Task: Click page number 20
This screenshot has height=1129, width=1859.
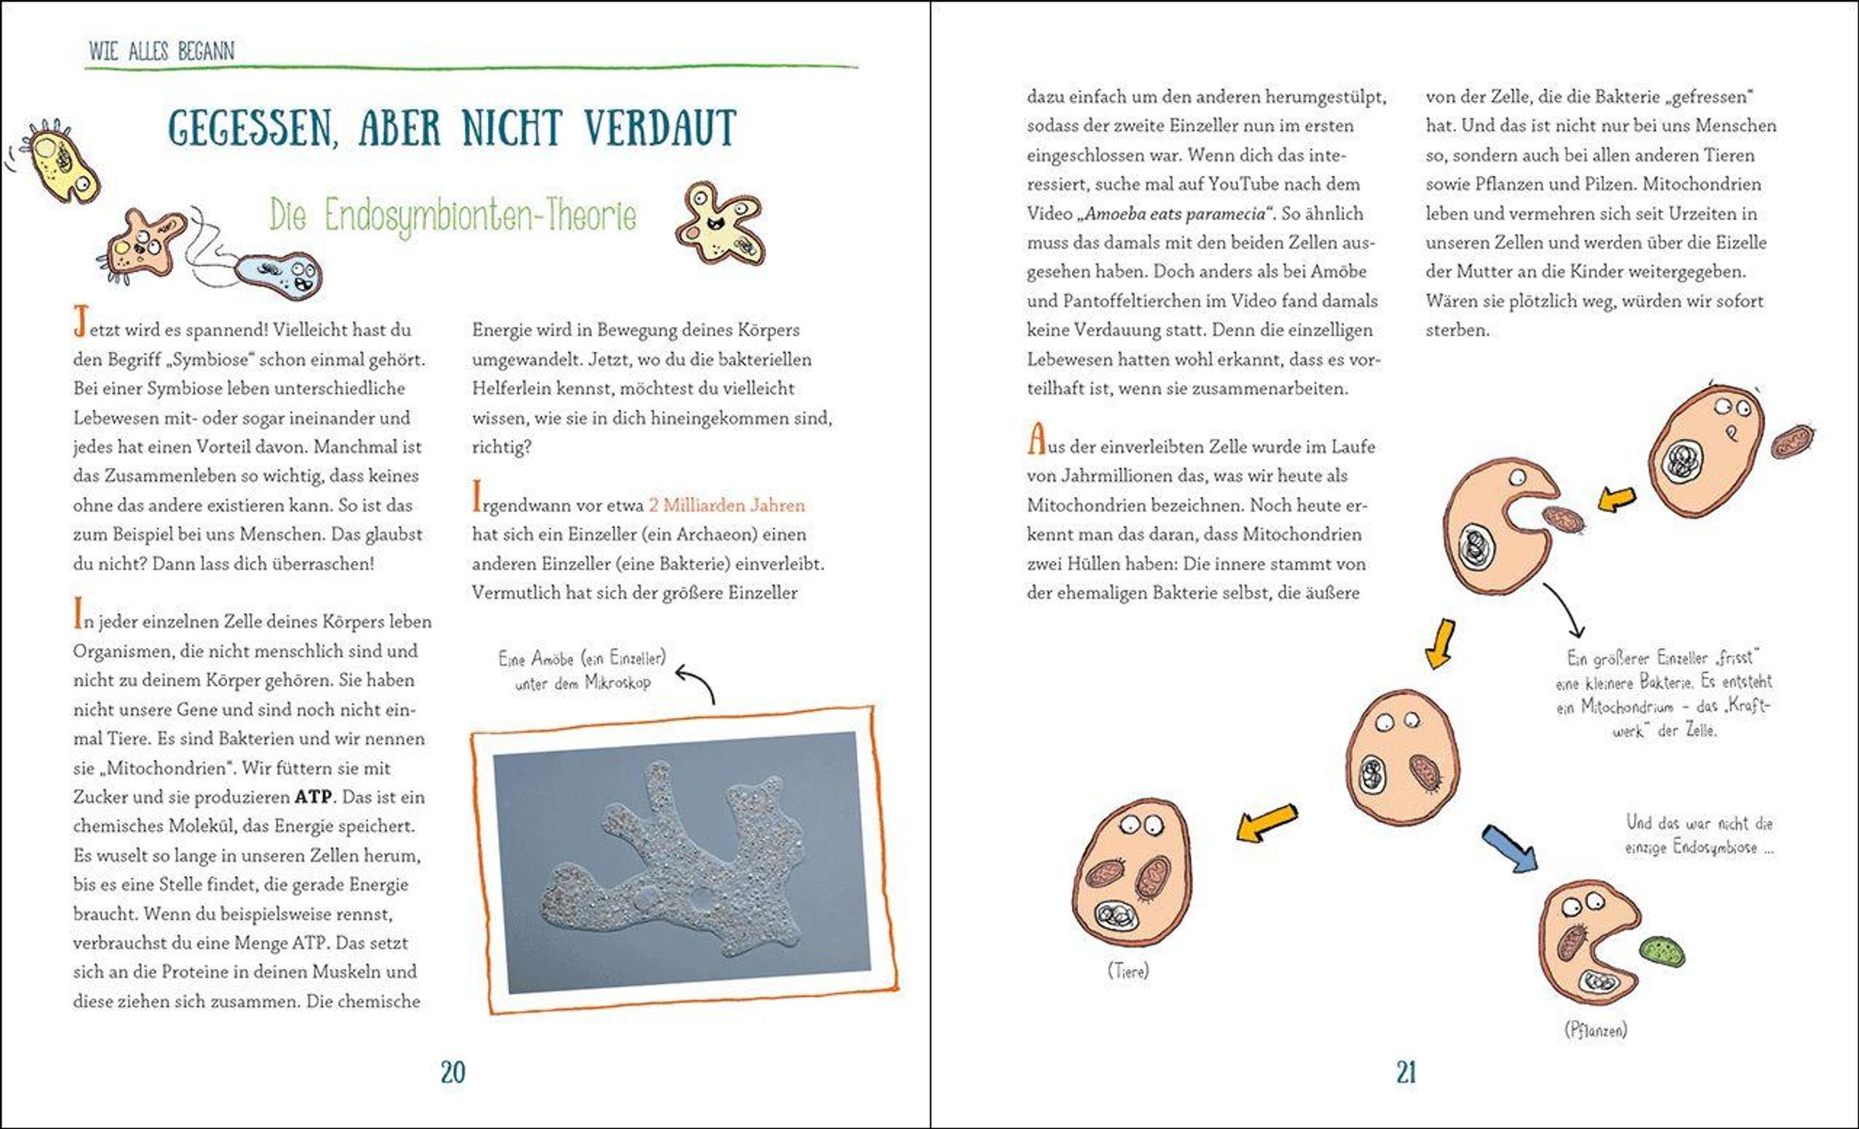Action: pos(453,1072)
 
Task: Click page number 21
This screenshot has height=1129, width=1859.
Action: pos(1406,1072)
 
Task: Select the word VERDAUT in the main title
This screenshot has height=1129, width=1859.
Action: pos(659,129)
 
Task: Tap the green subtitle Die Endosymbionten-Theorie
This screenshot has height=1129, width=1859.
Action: pos(453,215)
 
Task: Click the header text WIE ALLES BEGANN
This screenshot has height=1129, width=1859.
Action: pos(161,51)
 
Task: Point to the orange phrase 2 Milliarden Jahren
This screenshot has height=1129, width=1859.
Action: pos(727,505)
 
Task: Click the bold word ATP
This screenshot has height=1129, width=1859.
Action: pos(313,797)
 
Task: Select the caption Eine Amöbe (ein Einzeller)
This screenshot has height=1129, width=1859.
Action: pos(582,659)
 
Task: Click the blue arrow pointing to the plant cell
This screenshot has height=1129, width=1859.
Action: pos(1510,848)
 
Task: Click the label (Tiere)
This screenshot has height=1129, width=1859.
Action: pos(1128,970)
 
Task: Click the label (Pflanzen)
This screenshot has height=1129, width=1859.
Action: pos(1596,1030)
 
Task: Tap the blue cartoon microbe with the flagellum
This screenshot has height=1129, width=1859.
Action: pos(279,276)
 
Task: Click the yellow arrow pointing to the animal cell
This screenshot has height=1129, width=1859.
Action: pos(1266,822)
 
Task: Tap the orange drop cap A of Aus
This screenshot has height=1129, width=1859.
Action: pos(1036,439)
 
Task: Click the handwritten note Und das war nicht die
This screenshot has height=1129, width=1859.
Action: pos(1699,823)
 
